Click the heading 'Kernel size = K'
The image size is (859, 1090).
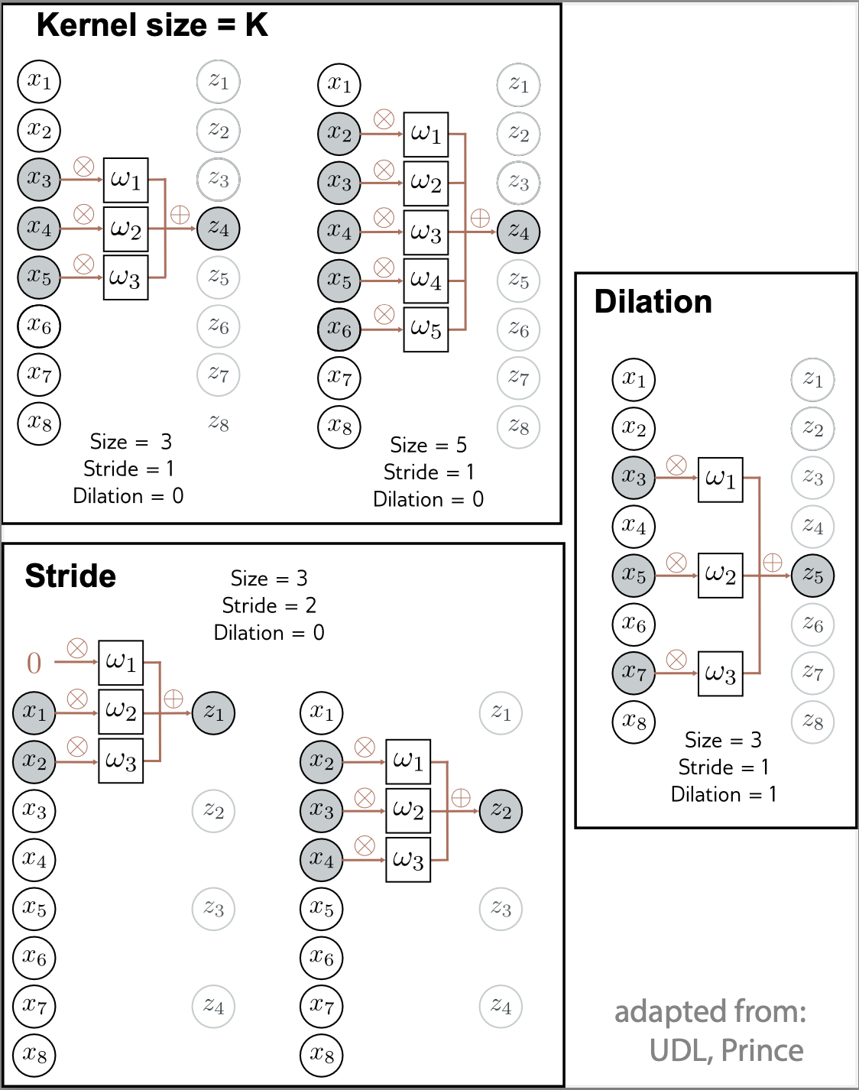152,26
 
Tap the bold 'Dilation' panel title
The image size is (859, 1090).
653,302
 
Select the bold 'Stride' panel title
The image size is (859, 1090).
70,576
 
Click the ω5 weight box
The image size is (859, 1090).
426,329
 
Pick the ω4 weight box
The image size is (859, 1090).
426,281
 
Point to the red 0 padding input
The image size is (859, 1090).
34,663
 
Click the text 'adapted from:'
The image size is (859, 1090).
710,1011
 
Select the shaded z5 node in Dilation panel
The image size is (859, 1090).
812,576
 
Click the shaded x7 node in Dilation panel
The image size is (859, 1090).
634,673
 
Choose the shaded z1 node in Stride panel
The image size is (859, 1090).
213,713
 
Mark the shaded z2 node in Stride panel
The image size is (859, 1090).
501,810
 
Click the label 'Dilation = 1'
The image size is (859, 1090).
723,794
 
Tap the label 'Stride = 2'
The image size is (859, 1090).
269,605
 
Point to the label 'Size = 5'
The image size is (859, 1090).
428,445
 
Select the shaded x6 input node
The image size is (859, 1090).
339,329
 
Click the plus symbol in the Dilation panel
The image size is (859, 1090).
773,563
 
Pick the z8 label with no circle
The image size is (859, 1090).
219,423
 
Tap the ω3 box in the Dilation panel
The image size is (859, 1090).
720,673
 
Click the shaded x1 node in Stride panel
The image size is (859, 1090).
34,712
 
